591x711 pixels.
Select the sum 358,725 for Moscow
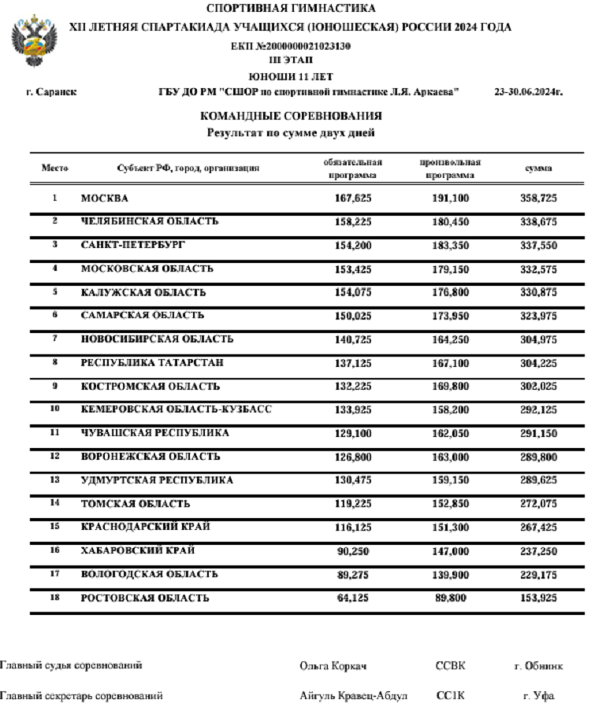pos(538,198)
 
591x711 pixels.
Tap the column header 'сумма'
pos(538,168)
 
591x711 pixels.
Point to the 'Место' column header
pos(55,168)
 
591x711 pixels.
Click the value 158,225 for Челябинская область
pos(354,222)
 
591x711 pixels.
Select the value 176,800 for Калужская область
pos(450,292)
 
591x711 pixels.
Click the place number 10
pos(55,409)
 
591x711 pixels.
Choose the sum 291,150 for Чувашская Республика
pos(538,433)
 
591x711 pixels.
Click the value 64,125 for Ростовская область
pos(354,598)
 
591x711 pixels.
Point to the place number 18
pos(55,598)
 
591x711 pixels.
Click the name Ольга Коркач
pos(333,666)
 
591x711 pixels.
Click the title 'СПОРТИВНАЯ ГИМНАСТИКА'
pos(292,9)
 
